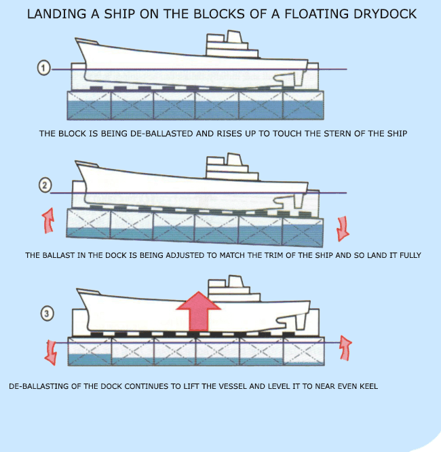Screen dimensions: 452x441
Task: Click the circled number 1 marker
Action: tap(44, 68)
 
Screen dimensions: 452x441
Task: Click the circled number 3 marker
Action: tap(47, 314)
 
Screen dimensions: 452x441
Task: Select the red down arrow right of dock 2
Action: tap(342, 228)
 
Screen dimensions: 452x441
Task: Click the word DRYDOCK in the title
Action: tap(384, 14)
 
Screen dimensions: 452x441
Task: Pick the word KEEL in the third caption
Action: tap(366, 386)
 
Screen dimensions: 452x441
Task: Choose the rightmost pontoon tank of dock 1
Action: tap(303, 105)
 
